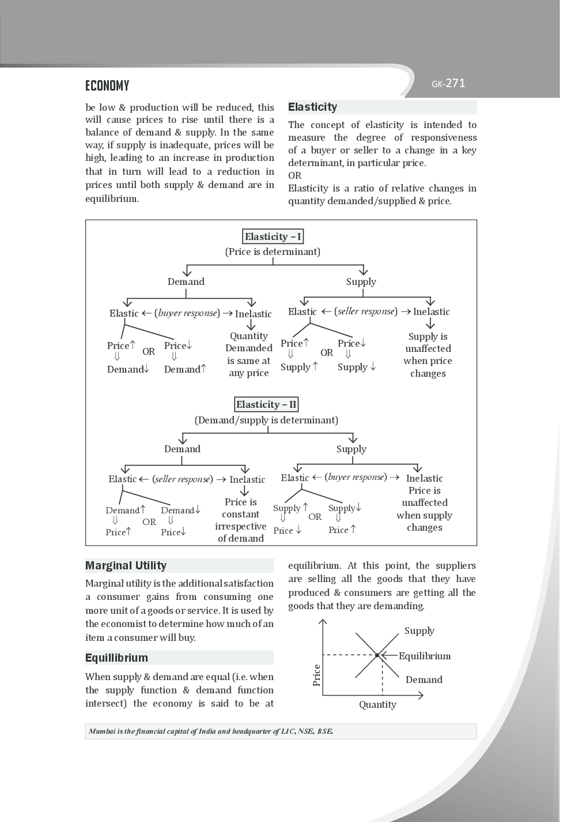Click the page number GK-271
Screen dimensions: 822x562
click(448, 84)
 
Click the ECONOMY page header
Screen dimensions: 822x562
click(107, 86)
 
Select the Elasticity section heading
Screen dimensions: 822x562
click(312, 107)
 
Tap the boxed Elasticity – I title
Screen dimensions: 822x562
click(273, 237)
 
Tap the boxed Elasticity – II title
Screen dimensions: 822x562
click(266, 404)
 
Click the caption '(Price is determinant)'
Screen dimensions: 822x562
click(273, 252)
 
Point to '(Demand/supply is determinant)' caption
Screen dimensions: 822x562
click(266, 420)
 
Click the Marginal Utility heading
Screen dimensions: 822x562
click(126, 565)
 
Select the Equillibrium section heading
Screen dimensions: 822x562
click(116, 658)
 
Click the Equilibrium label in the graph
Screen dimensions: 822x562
click(425, 656)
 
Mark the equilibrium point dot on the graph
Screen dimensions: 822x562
click(378, 655)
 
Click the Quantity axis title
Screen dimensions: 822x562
click(378, 704)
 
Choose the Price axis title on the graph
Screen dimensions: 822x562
click(316, 675)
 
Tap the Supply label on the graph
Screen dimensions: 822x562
click(419, 630)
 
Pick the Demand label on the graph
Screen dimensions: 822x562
click(424, 680)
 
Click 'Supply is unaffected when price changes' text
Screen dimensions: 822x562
click(428, 355)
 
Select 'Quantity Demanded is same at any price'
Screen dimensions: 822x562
click(248, 354)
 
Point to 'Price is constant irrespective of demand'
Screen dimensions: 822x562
click(240, 520)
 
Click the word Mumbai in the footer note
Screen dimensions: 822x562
click(101, 731)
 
